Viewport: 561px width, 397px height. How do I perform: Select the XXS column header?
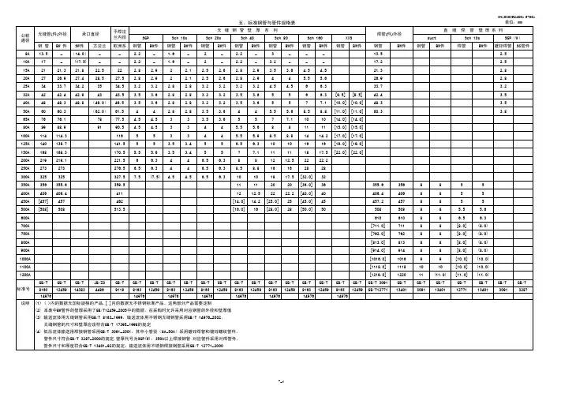tap(348, 37)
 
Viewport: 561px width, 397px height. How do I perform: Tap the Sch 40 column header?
tap(250, 37)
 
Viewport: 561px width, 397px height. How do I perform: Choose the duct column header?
tap(421, 37)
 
